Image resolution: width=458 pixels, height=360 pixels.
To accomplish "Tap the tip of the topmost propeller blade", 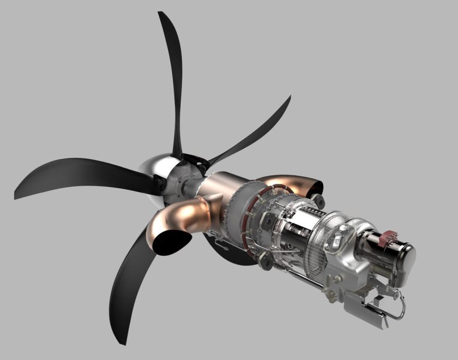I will (160, 14).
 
